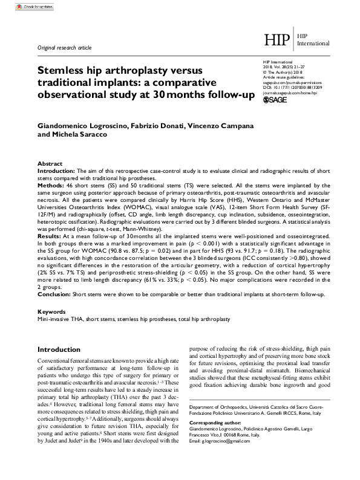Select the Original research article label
[x=65, y=47]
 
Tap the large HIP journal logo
[x=278, y=41]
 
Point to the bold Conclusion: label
[x=54, y=294]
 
